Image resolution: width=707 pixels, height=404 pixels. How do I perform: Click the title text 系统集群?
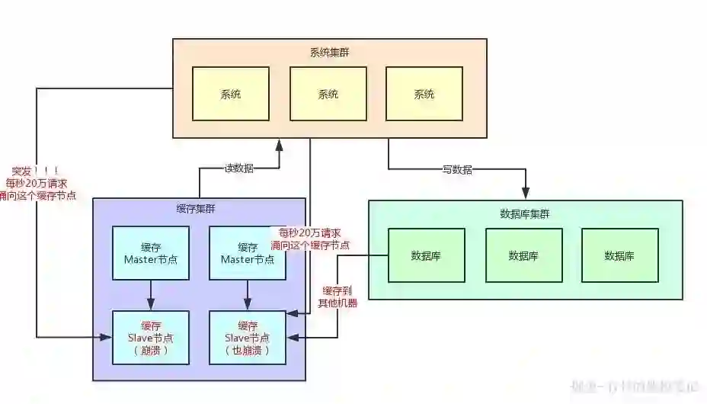[329, 52]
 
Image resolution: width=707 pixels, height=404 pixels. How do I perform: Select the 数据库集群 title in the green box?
[524, 213]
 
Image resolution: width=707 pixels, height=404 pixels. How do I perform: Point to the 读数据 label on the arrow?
[238, 168]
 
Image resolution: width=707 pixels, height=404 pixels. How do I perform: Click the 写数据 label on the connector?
[457, 169]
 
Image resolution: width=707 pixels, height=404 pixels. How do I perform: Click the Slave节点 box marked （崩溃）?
[150, 338]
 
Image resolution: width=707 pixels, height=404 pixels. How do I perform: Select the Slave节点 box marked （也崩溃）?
[248, 338]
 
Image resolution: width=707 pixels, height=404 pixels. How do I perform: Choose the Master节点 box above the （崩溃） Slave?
[150, 253]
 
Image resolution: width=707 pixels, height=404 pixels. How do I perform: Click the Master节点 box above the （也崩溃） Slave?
[248, 253]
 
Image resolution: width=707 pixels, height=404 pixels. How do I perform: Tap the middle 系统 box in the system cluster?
[328, 94]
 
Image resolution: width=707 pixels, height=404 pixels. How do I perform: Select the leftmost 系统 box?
[231, 94]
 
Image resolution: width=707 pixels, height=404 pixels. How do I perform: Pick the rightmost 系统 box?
[424, 94]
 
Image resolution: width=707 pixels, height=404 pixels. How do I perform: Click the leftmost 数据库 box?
[426, 255]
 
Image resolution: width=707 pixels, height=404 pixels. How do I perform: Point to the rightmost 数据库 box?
[619, 255]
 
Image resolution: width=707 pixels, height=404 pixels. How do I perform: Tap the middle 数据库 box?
[523, 255]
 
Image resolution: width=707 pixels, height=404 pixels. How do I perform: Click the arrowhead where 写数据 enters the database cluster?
[526, 195]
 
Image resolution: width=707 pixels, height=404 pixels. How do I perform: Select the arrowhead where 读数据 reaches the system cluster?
[280, 143]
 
